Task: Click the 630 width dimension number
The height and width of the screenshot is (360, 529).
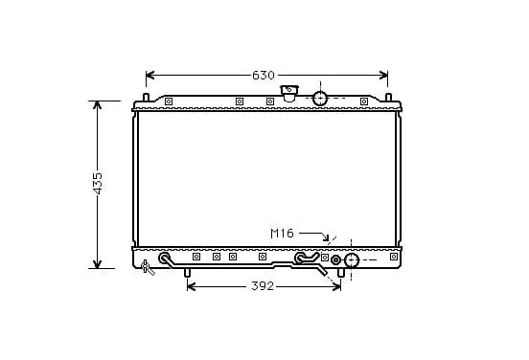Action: [264, 76]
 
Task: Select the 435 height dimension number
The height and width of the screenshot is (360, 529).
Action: [98, 184]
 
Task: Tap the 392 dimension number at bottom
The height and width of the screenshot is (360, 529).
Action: [263, 286]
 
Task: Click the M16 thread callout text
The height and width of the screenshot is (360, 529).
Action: [282, 234]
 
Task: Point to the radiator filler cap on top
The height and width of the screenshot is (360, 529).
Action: [289, 93]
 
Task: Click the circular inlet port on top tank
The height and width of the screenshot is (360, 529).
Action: [320, 98]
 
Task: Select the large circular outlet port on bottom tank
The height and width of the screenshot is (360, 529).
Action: [351, 260]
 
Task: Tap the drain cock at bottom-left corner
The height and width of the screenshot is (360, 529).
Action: [147, 267]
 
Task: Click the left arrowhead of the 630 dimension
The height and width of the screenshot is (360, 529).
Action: [149, 76]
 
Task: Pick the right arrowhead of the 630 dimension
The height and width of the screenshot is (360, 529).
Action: [383, 76]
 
